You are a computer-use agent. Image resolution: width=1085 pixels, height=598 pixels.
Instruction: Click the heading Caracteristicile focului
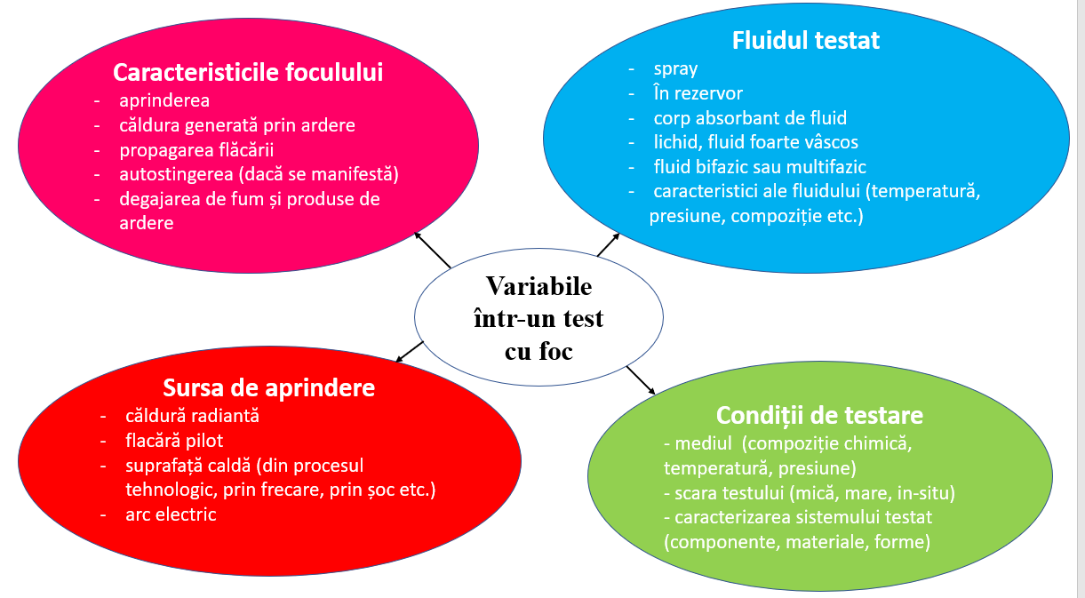[x=248, y=72]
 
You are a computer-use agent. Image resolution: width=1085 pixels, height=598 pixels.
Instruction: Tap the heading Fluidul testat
[x=805, y=40]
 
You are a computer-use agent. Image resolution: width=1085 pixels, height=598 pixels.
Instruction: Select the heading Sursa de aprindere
[x=268, y=387]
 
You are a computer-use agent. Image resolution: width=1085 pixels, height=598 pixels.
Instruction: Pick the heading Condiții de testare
[x=819, y=415]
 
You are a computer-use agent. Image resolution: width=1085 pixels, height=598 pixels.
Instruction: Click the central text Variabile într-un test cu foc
[x=539, y=318]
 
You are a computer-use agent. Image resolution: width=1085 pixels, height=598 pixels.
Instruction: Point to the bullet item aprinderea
[x=164, y=100]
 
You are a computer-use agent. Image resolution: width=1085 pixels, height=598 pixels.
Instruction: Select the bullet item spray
[x=675, y=68]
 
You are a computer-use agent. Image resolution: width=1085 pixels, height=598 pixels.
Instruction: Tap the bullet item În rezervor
[x=698, y=93]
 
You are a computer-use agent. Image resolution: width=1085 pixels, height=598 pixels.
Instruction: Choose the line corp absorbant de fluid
[x=749, y=117]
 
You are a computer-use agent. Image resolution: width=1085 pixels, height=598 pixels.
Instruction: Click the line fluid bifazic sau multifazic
[x=759, y=166]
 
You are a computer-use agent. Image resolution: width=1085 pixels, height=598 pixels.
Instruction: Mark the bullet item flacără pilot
[x=173, y=440]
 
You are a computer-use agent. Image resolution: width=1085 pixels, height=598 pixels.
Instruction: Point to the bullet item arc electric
[x=170, y=514]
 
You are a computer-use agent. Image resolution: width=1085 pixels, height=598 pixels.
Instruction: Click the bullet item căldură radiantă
[x=192, y=415]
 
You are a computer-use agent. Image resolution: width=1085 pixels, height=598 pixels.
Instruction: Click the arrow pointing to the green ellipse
[x=640, y=379]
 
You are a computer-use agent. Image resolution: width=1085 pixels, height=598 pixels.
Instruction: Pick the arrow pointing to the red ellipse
[x=410, y=351]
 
